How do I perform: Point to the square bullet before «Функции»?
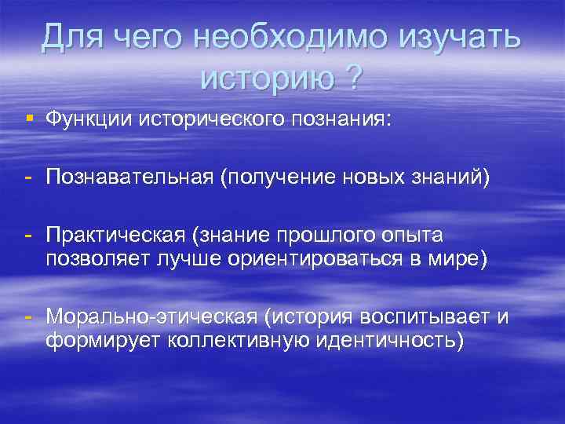pyautogui.click(x=28, y=118)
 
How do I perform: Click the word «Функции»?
pyautogui.click(x=89, y=119)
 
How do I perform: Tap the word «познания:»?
pyautogui.click(x=353, y=119)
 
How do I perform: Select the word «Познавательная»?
pyautogui.click(x=129, y=178)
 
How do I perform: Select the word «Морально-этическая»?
pyautogui.click(x=151, y=316)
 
